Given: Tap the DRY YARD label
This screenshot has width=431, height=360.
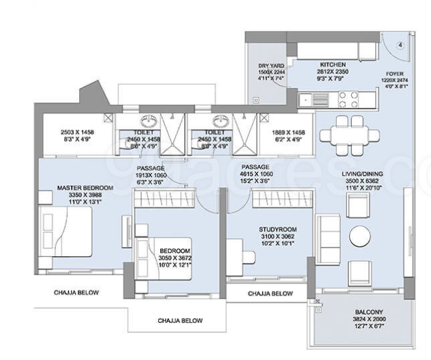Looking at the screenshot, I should [x=272, y=66].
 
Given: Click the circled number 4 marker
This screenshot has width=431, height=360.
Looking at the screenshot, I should [x=400, y=46].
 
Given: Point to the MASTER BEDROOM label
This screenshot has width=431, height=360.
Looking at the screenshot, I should [x=85, y=188].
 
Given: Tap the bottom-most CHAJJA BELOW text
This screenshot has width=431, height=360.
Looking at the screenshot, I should [x=180, y=320].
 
